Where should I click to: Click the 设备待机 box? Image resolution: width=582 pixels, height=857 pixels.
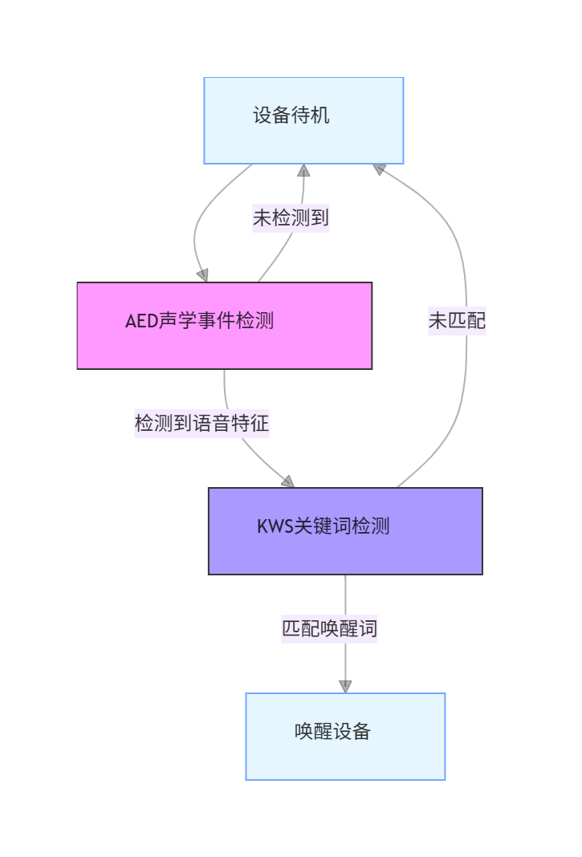pyautogui.click(x=303, y=120)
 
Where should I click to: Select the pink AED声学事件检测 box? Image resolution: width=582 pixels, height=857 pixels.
pyautogui.click(x=224, y=325)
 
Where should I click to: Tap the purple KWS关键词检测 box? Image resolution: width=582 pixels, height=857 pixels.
pyautogui.click(x=345, y=530)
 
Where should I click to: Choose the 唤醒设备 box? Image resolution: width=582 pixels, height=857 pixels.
pyautogui.click(x=345, y=736)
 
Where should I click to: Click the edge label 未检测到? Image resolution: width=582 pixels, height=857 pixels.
pyautogui.click(x=291, y=217)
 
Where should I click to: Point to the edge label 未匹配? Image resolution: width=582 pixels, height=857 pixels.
pyautogui.click(x=457, y=321)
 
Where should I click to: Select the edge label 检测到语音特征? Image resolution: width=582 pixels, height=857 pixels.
pyautogui.click(x=201, y=423)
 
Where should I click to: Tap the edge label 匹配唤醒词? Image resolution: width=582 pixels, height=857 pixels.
pyautogui.click(x=329, y=628)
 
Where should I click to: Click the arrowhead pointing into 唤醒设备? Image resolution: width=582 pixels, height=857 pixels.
pyautogui.click(x=345, y=686)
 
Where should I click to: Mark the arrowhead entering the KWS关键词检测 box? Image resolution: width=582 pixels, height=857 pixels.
pyautogui.click(x=287, y=481)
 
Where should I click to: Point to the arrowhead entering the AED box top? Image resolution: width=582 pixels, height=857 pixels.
pyautogui.click(x=202, y=275)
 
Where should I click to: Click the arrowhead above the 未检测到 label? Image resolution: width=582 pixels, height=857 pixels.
pyautogui.click(x=303, y=170)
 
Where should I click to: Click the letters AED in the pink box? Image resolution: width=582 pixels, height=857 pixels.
pyautogui.click(x=141, y=321)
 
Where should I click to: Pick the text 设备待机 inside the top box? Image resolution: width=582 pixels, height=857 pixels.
pyautogui.click(x=291, y=116)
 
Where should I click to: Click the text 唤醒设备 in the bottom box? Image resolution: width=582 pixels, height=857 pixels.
pyautogui.click(x=332, y=731)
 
